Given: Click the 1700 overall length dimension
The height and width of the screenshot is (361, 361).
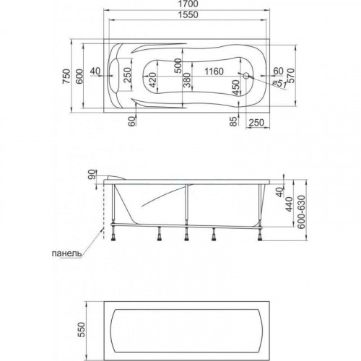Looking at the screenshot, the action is [188, 4].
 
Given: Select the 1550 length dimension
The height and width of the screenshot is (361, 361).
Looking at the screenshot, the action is [188, 14].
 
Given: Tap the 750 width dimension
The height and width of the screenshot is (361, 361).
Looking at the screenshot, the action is [66, 77].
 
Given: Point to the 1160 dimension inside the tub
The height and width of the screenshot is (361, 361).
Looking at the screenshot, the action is [214, 71].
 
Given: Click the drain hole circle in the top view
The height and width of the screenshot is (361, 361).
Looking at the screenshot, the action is [246, 76].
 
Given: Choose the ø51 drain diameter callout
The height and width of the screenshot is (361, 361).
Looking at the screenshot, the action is [279, 84].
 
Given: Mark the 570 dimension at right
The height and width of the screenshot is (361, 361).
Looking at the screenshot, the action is [290, 76].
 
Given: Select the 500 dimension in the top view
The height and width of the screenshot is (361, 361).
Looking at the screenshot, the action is [178, 66].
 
